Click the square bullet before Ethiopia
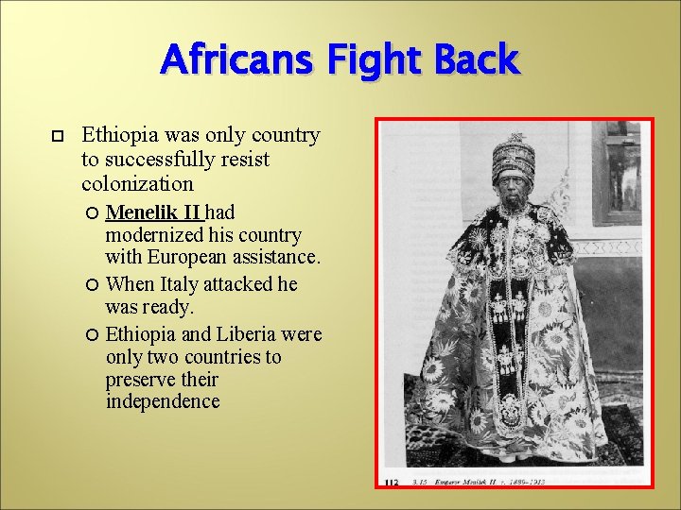(55, 138)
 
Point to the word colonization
(137, 183)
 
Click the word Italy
(181, 283)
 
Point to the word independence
(163, 401)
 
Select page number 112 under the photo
(393, 482)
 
